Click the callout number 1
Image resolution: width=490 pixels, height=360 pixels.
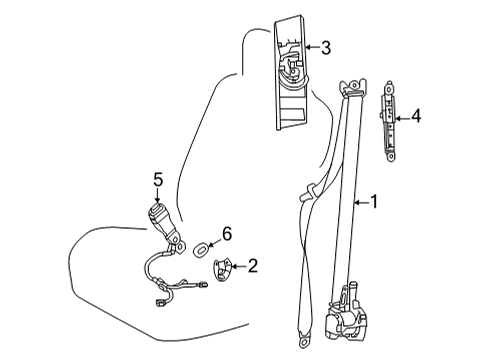pyautogui.click(x=374, y=202)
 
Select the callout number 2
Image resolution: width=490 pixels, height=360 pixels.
pyautogui.click(x=252, y=266)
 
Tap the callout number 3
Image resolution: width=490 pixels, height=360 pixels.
pyautogui.click(x=326, y=47)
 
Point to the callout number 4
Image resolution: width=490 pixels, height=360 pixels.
pyautogui.click(x=416, y=116)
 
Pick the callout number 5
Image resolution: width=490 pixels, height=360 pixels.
pyautogui.click(x=158, y=180)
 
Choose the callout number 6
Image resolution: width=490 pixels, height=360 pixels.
pyautogui.click(x=227, y=234)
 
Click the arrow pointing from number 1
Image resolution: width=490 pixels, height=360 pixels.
pyautogui.click(x=361, y=202)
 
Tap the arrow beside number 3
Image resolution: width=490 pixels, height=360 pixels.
pyautogui.click(x=312, y=47)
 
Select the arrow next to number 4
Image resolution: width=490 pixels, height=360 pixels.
pyautogui.click(x=402, y=118)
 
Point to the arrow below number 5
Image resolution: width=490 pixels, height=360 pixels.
pyautogui.click(x=158, y=196)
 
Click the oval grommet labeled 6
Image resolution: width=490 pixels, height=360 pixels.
pyautogui.click(x=201, y=249)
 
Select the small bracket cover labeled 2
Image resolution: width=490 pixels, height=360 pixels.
pyautogui.click(x=222, y=269)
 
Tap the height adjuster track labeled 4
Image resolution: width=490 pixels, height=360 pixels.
pyautogui.click(x=389, y=121)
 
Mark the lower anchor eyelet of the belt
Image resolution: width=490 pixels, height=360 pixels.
pyautogui.click(x=304, y=341)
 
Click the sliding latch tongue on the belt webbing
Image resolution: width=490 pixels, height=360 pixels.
pyautogui.click(x=307, y=192)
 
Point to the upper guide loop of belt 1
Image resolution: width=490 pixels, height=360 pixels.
pyautogui.click(x=353, y=87)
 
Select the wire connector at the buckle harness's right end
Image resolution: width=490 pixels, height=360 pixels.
pyautogui.click(x=203, y=284)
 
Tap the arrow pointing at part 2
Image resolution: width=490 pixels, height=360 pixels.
pyautogui.click(x=239, y=266)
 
